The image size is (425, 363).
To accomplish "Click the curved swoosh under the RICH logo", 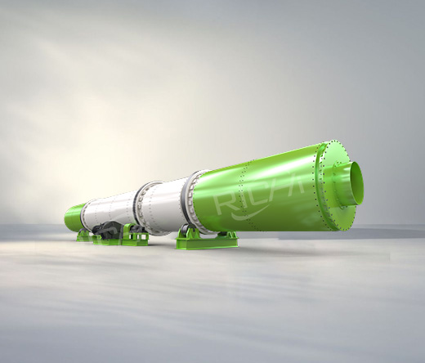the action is [x=248, y=214].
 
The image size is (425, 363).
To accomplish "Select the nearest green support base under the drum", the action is [x=207, y=240].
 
